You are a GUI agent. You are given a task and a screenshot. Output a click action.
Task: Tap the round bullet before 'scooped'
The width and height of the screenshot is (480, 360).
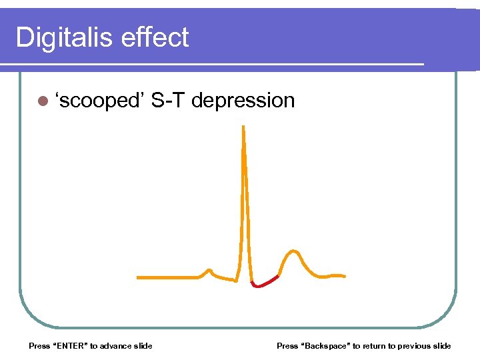(43, 101)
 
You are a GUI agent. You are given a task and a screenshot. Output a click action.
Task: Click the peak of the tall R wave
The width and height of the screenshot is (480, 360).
(243, 127)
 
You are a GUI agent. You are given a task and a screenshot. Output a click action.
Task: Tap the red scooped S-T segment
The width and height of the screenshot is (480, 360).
(265, 283)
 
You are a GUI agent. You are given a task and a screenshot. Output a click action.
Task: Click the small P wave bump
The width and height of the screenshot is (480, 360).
(209, 271)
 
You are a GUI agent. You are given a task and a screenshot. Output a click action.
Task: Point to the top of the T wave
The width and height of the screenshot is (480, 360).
(291, 251)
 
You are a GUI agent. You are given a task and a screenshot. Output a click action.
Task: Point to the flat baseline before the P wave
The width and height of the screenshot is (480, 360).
(167, 277)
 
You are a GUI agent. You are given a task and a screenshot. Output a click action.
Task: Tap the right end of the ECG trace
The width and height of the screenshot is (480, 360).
(343, 275)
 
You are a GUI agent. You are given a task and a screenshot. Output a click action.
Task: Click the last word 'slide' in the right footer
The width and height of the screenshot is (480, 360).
(441, 345)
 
